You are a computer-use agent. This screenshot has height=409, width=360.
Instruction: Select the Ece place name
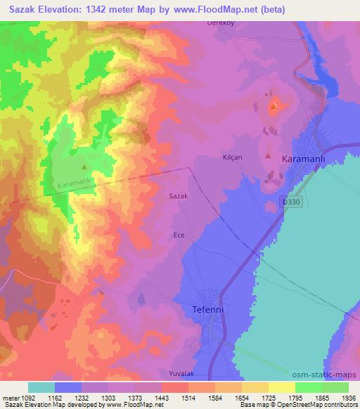179,235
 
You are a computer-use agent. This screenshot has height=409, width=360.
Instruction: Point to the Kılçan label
232,158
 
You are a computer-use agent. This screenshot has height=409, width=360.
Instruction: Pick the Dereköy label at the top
219,22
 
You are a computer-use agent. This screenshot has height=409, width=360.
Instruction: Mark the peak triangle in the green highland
84,167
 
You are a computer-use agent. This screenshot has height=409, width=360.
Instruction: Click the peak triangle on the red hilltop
273,108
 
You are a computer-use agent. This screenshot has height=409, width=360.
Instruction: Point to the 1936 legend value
340,398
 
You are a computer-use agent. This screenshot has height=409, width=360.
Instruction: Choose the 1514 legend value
176,398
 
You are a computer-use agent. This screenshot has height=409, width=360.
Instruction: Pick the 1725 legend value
258,398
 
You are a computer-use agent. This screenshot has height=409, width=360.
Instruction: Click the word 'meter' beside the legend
13,398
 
